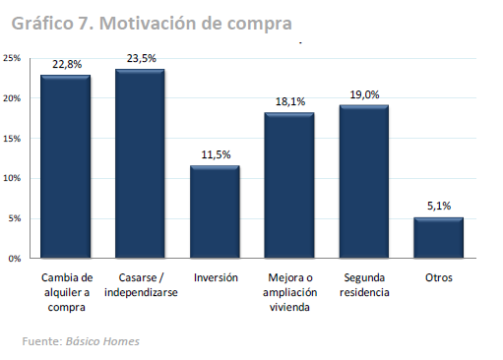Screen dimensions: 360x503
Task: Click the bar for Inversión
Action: point(215,211)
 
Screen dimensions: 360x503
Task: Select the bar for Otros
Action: point(438,238)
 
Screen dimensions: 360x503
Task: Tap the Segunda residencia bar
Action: point(363,182)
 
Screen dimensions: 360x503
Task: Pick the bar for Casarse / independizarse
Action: point(140,163)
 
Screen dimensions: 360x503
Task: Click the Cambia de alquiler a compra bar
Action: point(65,166)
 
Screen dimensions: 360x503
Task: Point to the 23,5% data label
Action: point(140,59)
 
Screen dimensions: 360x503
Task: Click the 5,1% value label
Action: point(438,207)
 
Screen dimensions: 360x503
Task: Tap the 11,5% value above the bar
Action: point(215,155)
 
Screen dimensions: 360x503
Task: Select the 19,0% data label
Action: point(363,94)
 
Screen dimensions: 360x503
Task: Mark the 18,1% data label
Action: point(288,101)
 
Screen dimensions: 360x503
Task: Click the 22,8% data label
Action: point(66,64)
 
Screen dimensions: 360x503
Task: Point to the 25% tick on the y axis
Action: point(12,58)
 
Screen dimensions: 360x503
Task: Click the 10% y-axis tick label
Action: point(12,178)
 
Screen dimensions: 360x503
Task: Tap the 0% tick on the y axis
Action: point(15,259)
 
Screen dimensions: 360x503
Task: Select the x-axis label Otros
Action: point(438,278)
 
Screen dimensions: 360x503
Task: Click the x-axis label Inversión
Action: point(215,278)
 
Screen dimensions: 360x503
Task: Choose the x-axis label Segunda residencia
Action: point(363,285)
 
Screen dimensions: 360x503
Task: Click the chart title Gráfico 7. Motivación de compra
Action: point(153,20)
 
